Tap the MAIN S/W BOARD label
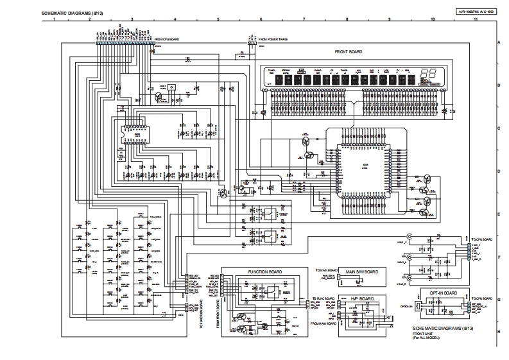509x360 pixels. [x=362, y=272]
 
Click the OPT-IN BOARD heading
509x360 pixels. [x=443, y=293]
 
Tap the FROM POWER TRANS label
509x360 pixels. [x=273, y=39]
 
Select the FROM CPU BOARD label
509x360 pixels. [x=166, y=39]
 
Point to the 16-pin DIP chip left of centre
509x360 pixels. [x=137, y=134]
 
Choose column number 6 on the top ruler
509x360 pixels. [x=261, y=20]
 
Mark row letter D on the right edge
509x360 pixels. [x=499, y=171]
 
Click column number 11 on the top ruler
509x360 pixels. [x=475, y=20]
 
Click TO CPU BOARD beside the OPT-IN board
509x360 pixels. [x=481, y=299]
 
